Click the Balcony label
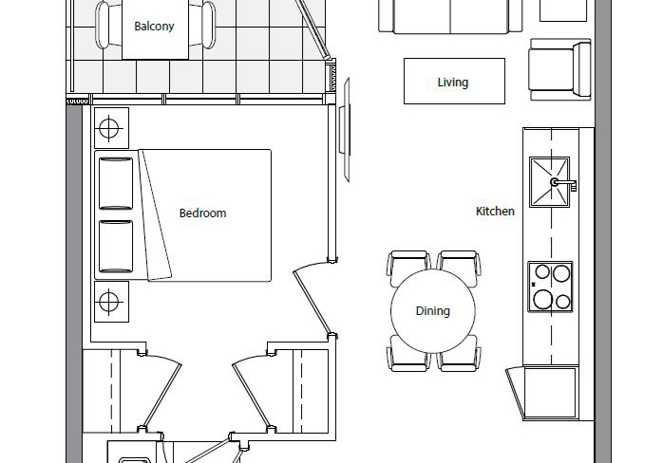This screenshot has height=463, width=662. coord(154,27)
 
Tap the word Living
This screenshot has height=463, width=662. coord(453,83)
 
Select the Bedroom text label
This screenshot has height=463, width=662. coord(202,213)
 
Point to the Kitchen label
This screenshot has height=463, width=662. coord(495,211)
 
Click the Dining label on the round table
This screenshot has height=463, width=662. coord(433,311)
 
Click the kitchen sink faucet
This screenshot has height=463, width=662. coord(563,183)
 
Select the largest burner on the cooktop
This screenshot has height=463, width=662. coord(542,300)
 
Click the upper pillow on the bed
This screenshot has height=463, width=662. coord(116,183)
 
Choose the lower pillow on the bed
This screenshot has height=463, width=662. coord(116,247)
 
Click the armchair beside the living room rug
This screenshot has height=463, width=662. coord(559,69)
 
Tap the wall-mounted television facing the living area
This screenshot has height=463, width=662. coord(345,129)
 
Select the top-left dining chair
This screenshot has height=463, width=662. coord(408,268)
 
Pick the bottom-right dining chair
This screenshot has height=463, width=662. coord(459,353)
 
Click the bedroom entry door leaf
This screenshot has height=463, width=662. coord(312,303)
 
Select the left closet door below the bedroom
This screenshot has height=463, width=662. coord(162,397)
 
